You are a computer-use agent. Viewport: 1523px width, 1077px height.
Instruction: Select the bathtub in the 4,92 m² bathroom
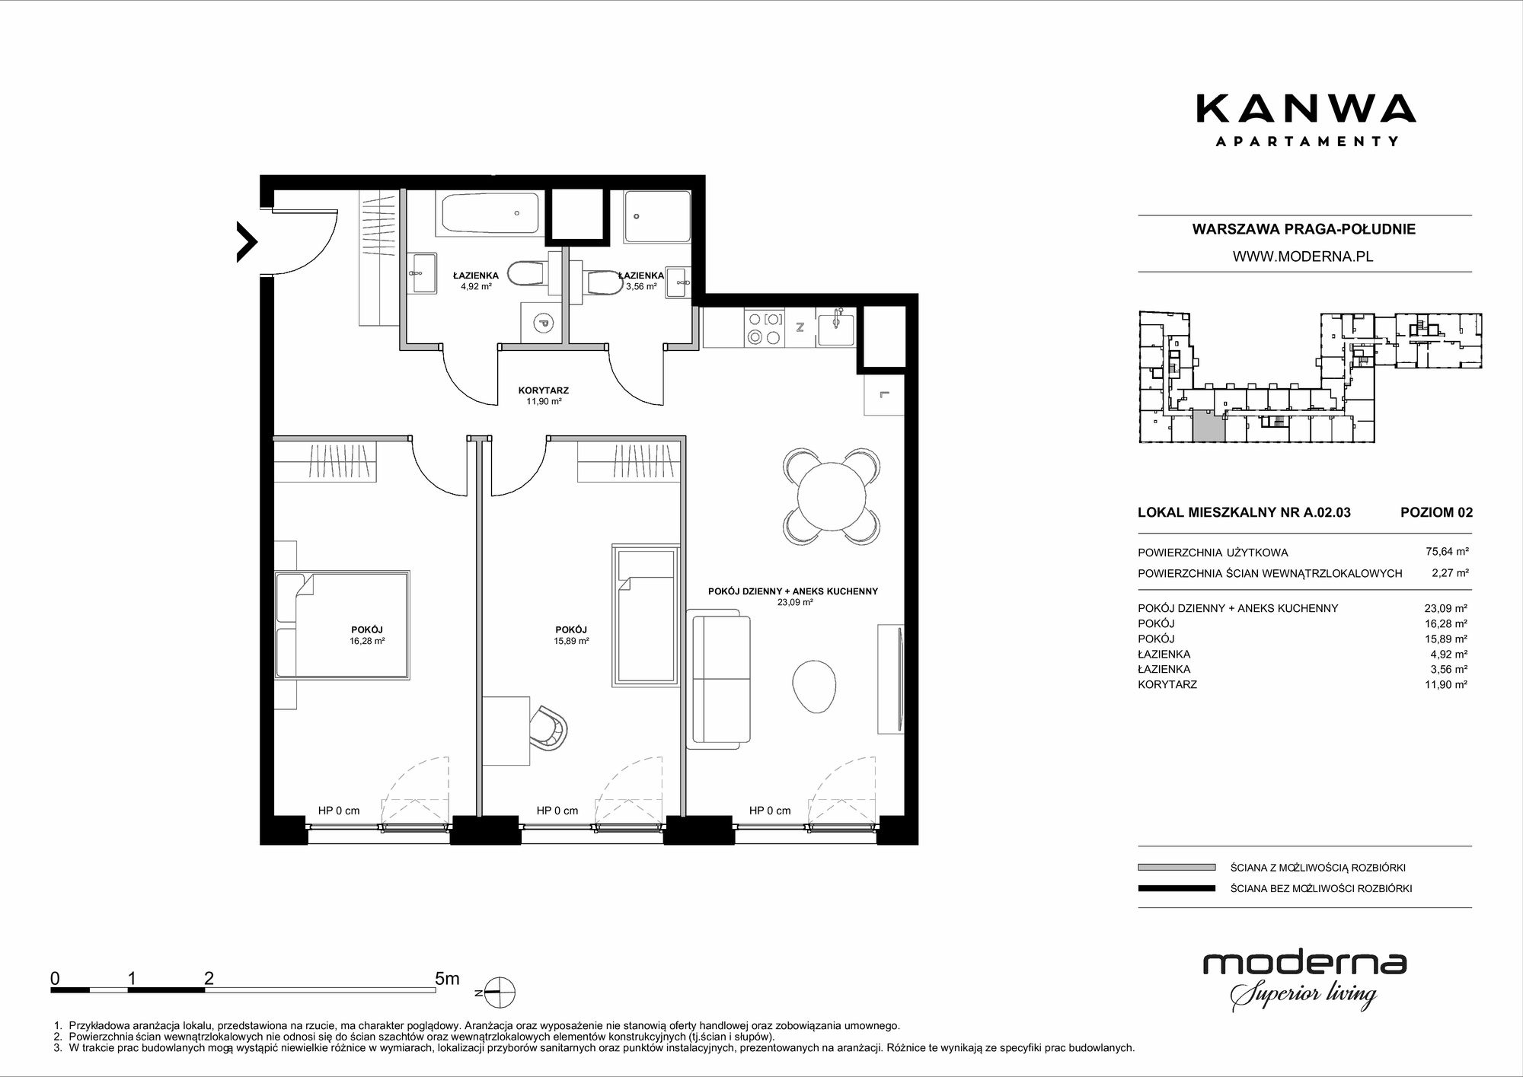click(x=490, y=214)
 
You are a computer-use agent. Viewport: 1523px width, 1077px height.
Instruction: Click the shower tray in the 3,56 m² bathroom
click(x=657, y=216)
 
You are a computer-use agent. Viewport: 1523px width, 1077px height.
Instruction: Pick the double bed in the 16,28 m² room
click(x=343, y=625)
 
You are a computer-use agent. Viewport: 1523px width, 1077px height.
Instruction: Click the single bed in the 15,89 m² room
click(x=645, y=614)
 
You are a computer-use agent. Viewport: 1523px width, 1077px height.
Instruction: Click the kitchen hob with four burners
click(x=764, y=329)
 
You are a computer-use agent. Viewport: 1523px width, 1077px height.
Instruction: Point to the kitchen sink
click(x=835, y=327)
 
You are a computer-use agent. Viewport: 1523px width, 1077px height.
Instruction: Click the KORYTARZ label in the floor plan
click(x=544, y=390)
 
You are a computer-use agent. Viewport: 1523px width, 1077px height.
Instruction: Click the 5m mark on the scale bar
click(x=447, y=979)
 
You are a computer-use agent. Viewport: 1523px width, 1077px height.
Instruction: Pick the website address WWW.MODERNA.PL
click(x=1303, y=257)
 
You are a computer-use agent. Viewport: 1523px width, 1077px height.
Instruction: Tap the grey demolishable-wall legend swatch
click(x=1177, y=867)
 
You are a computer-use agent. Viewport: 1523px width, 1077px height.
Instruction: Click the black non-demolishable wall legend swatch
click(x=1177, y=888)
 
